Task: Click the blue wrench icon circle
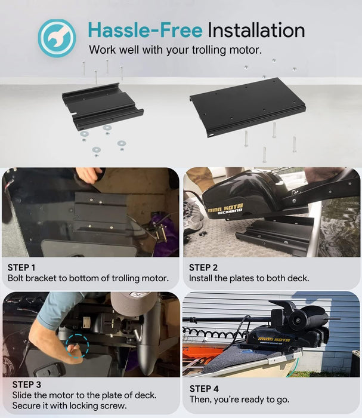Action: (57, 38)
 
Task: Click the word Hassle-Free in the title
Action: (146, 30)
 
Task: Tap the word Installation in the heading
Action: (256, 30)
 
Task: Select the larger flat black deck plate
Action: (247, 107)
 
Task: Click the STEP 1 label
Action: (21, 268)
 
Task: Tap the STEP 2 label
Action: (203, 268)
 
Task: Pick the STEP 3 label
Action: (27, 385)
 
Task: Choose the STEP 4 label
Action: (204, 389)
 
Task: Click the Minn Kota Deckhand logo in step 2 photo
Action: (225, 209)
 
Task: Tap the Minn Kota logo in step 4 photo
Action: (274, 340)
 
